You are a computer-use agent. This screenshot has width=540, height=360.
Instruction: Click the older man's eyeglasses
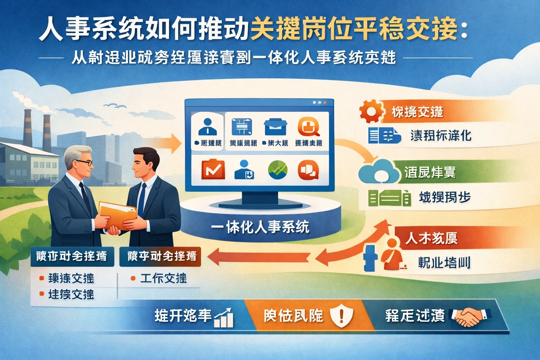pyautogui.click(x=85, y=163)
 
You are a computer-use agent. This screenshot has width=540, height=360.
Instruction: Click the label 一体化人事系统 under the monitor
pyautogui.click(x=260, y=227)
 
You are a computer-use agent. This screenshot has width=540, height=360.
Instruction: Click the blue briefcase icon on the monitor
pyautogui.click(x=276, y=127)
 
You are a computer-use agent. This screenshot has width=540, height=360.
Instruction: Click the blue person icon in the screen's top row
pyautogui.click(x=207, y=127)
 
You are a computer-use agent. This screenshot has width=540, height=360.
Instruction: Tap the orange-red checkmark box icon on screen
pyautogui.click(x=213, y=169)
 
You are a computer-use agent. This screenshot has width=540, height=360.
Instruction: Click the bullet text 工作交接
pyautogui.click(x=163, y=278)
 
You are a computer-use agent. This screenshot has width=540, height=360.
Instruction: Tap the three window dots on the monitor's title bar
pyautogui.click(x=319, y=103)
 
